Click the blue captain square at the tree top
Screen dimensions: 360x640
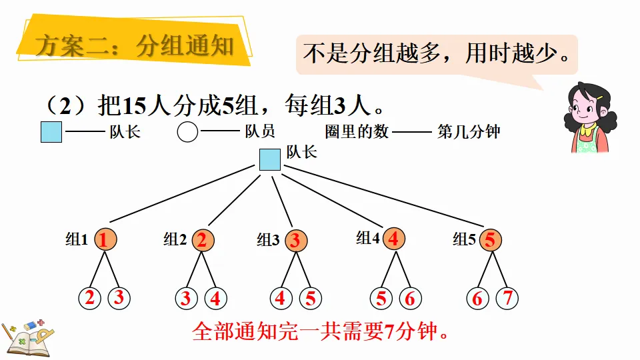[x=269, y=160]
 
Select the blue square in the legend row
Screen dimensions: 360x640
[x=51, y=132]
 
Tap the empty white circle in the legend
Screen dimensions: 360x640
[x=187, y=132]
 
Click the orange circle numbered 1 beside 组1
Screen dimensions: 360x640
[x=103, y=239]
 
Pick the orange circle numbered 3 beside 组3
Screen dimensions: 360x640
[x=295, y=240]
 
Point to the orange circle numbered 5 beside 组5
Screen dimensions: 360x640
[x=490, y=239]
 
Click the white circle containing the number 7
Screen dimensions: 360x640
[x=507, y=298]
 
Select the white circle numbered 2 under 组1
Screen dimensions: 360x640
[x=90, y=298]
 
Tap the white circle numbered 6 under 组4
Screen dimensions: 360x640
[x=409, y=298]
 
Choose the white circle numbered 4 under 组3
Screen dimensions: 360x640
[x=281, y=298]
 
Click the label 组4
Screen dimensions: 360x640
[x=367, y=238]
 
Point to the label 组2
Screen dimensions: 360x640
[x=175, y=239]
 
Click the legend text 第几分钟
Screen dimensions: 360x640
[x=469, y=132]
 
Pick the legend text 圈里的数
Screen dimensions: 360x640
[x=357, y=132]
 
